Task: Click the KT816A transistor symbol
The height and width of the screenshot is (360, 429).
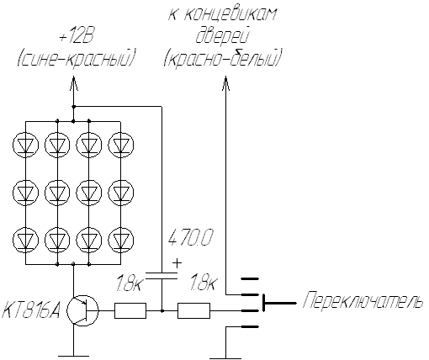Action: click(82, 310)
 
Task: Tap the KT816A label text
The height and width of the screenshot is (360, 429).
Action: click(31, 310)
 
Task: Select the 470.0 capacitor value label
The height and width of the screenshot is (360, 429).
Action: click(191, 237)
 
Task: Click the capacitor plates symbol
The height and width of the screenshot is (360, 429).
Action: click(162, 276)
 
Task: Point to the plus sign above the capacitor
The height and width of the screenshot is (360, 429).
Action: click(177, 263)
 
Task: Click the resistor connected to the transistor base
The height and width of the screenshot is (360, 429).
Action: click(130, 310)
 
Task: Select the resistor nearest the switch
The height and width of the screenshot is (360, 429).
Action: click(193, 310)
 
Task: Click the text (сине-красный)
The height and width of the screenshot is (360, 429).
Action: click(76, 58)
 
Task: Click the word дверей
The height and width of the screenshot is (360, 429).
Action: click(222, 36)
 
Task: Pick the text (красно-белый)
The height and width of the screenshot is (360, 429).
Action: click(222, 58)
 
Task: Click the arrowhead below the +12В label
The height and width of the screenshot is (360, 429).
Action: click(73, 83)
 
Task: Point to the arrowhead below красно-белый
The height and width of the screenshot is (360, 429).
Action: click(225, 83)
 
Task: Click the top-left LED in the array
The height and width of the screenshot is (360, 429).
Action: click(25, 145)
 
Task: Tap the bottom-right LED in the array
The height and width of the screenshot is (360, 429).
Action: click(121, 241)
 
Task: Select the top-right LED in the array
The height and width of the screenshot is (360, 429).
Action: click(121, 145)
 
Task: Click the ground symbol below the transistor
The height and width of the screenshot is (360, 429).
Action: click(73, 356)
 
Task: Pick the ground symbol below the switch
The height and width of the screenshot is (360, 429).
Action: click(225, 357)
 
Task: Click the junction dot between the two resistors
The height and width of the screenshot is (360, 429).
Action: click(162, 310)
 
